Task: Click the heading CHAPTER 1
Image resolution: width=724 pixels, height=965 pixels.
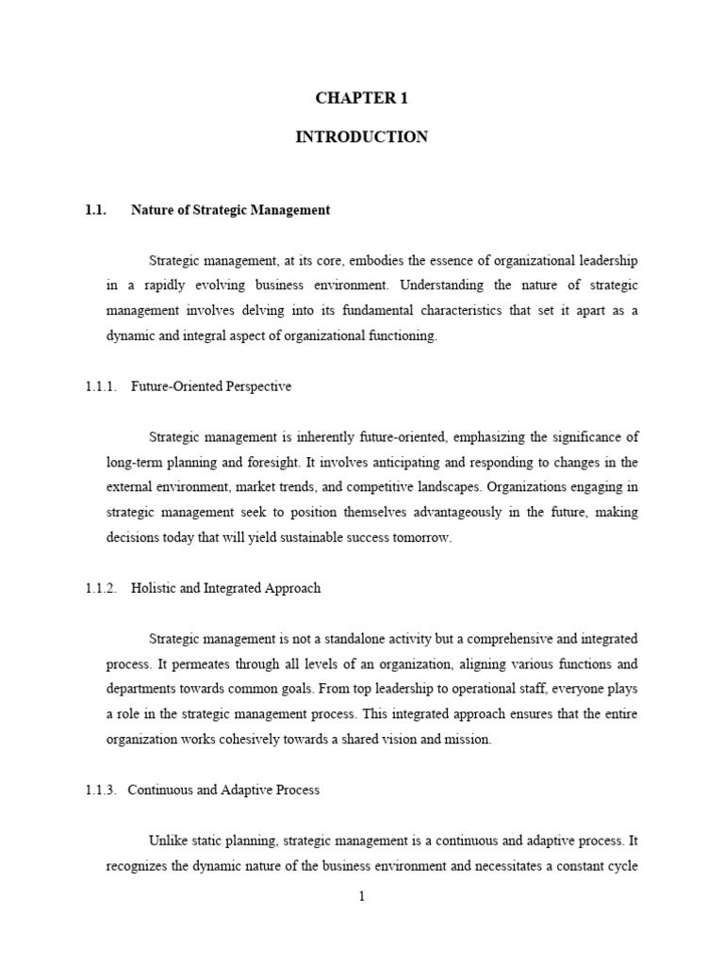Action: pos(361,99)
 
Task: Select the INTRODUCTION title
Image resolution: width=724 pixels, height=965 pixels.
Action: pos(361,138)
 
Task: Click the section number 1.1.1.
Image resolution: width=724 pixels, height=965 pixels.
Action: pos(101,385)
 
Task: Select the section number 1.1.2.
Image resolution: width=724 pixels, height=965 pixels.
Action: pos(101,588)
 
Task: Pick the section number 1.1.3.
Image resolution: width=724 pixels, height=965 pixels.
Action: pos(101,790)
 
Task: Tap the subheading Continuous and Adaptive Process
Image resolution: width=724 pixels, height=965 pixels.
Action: pos(223,790)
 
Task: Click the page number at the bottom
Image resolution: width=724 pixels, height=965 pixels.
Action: pos(361,897)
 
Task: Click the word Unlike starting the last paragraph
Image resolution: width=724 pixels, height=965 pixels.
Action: pos(168,841)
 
